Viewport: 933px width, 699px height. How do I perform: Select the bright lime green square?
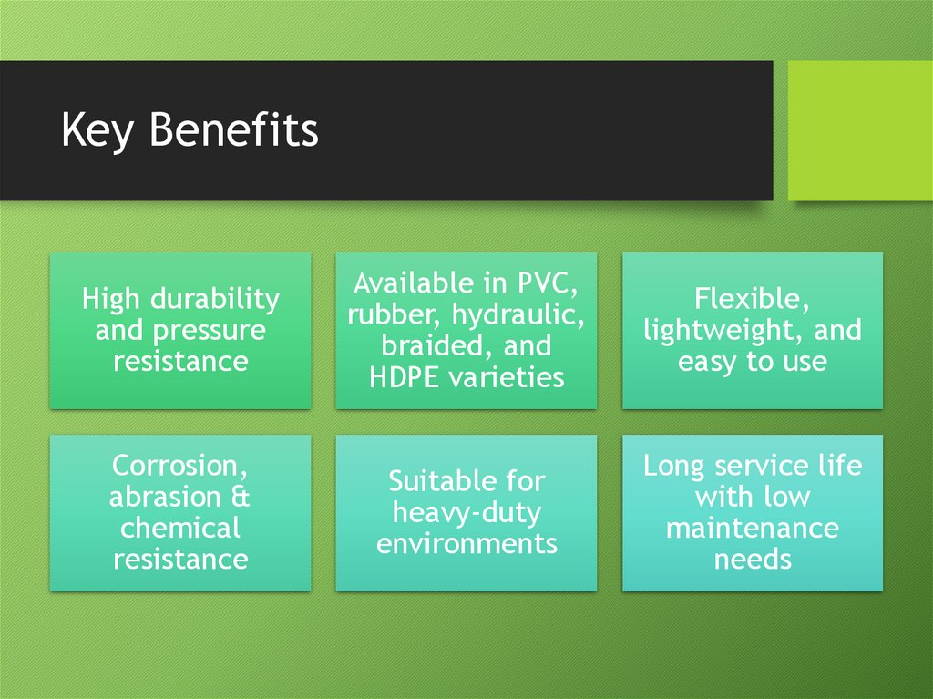coord(860,130)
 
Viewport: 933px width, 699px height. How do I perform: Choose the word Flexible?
coord(751,299)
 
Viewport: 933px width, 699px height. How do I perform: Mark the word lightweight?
coord(720,330)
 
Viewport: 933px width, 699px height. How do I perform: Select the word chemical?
coord(179,528)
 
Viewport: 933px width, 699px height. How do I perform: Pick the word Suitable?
coord(434,481)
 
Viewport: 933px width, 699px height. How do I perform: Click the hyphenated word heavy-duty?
coord(466,512)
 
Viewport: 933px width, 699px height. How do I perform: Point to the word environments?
coord(466,543)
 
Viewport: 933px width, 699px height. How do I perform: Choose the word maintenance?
coord(752,528)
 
